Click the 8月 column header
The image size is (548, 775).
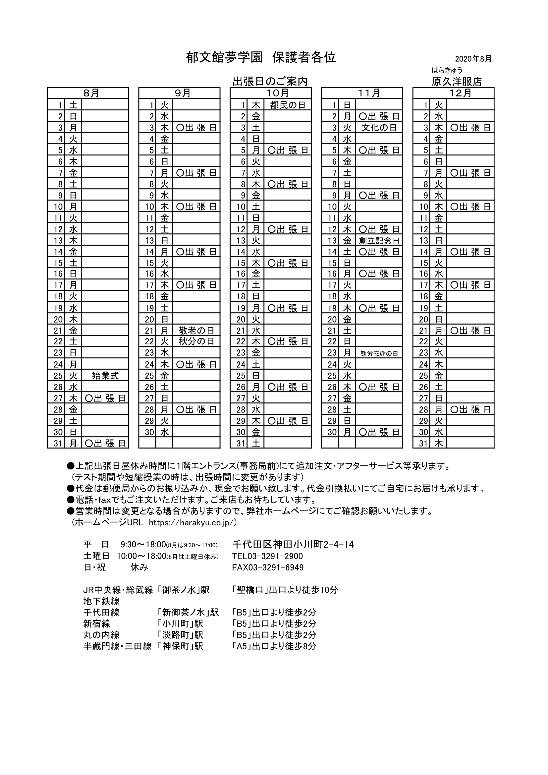coord(88,93)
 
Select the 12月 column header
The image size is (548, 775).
coord(454,93)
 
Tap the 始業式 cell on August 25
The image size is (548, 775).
coord(105,376)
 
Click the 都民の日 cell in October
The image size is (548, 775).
coord(288,105)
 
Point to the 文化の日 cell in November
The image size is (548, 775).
coord(379,128)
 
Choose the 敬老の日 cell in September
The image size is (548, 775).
coord(196,330)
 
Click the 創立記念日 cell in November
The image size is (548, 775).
coord(379,240)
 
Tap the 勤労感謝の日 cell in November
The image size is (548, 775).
coord(379,353)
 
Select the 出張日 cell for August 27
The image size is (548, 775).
coord(105,398)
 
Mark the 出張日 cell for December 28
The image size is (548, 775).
coord(470,409)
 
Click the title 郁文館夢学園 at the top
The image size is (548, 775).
coord(224,58)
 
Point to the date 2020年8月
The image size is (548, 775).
coord(473,59)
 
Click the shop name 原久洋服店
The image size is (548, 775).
coord(457,82)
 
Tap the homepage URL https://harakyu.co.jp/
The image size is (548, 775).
coord(193,522)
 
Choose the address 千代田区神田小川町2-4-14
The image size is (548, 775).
coord(293,545)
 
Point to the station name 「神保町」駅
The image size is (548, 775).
coord(180,646)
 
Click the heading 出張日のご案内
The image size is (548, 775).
coord(270,81)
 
